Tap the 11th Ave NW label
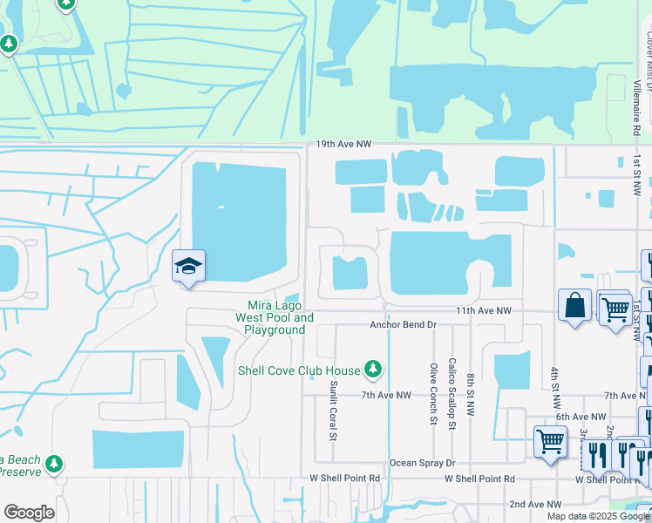[x=484, y=310]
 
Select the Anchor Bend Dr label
[x=402, y=324]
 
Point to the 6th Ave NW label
[x=580, y=418]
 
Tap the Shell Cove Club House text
[x=299, y=370]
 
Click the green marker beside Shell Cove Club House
[x=373, y=370]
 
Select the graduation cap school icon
[x=188, y=266]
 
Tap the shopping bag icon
[x=574, y=305]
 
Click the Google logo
[x=29, y=513]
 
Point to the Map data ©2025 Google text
[x=598, y=516]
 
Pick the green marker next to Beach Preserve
[x=55, y=462]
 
